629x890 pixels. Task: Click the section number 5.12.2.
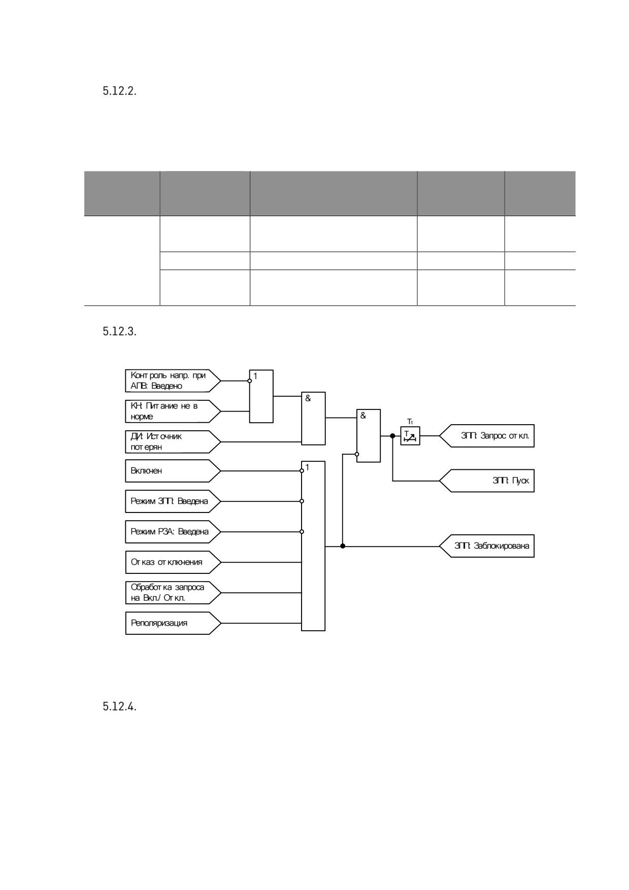point(119,92)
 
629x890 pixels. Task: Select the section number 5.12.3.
point(119,332)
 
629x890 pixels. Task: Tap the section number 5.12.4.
point(119,707)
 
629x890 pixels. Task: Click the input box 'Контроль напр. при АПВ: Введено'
point(173,381)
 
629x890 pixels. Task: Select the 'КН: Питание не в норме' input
point(173,412)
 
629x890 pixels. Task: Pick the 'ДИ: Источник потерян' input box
point(173,442)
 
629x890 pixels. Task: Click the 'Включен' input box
point(173,471)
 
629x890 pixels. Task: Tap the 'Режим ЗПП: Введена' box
point(173,501)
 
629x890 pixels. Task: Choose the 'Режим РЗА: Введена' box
point(173,532)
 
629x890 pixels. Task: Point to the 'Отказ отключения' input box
point(173,562)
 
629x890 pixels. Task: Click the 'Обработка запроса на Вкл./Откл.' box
point(173,593)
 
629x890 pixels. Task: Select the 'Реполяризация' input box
point(173,623)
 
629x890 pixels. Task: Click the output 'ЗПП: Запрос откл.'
point(487,436)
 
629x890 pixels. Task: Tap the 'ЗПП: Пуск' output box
point(487,481)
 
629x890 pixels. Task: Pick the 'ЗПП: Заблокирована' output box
point(487,546)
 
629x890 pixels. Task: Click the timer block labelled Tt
point(410,436)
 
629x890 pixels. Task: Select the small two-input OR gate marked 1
point(261,396)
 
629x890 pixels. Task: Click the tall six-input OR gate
point(313,546)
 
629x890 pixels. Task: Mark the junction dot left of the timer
point(392,436)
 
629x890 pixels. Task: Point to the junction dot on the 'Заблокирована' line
point(343,546)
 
